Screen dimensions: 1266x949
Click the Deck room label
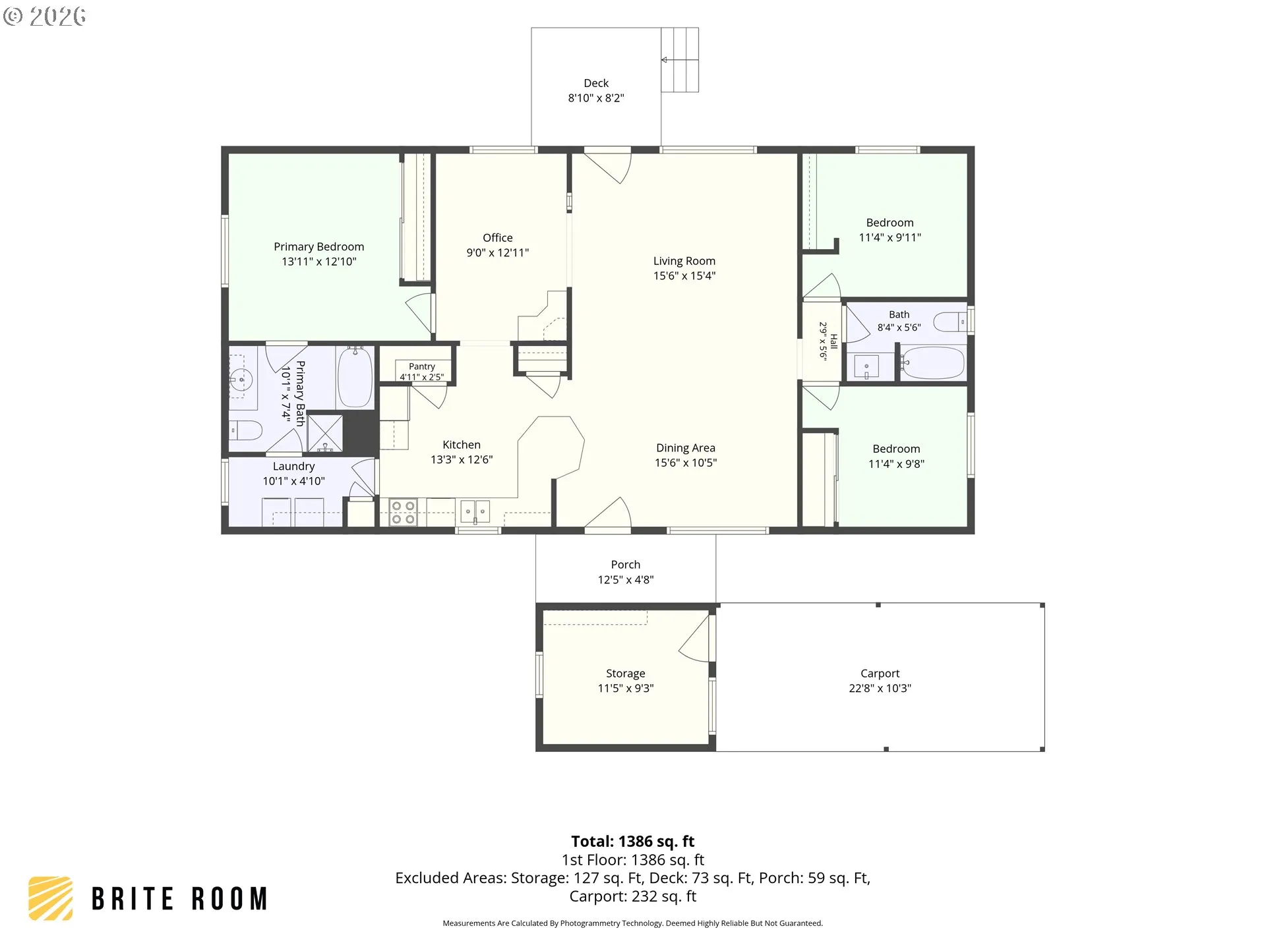click(x=596, y=83)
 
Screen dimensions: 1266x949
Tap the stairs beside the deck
click(x=680, y=59)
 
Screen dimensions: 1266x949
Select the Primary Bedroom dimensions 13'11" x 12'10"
click(x=319, y=262)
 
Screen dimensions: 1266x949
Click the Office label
click(x=498, y=238)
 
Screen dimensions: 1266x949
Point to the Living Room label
click(x=684, y=261)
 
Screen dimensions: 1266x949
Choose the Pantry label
click(x=422, y=366)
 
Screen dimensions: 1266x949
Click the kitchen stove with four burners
click(x=403, y=512)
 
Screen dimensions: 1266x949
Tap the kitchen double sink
click(x=475, y=511)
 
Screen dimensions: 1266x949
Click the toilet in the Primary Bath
click(x=245, y=431)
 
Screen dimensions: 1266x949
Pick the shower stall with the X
click(x=325, y=434)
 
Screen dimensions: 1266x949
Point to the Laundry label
click(x=294, y=467)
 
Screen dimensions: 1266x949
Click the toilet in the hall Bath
click(x=950, y=322)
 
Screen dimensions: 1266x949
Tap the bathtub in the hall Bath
click(x=932, y=363)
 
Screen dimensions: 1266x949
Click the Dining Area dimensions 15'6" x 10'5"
click(x=686, y=463)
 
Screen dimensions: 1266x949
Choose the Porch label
click(x=626, y=565)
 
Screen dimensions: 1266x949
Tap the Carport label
click(x=880, y=674)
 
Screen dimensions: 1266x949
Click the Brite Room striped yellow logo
click(x=51, y=898)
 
